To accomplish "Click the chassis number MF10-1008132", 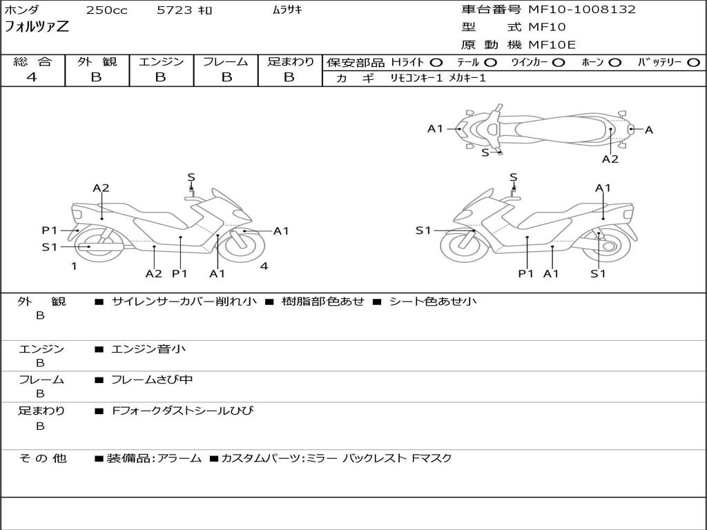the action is click(582, 10).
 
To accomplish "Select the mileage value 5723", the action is click(175, 10).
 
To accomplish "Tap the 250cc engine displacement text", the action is click(106, 10).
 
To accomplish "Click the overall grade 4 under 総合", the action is click(32, 77).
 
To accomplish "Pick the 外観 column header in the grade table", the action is click(97, 61).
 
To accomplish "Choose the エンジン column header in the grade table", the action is click(161, 61).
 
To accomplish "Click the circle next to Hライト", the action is click(436, 63).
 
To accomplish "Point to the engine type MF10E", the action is click(552, 45).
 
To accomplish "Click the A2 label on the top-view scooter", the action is click(610, 159).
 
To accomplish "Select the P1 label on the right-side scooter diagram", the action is click(527, 274).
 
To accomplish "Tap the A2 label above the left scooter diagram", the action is click(101, 188).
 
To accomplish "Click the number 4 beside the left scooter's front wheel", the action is click(264, 266).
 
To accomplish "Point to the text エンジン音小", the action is click(148, 349).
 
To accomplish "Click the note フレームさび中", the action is click(152, 380).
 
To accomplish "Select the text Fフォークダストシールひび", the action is click(183, 411).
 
